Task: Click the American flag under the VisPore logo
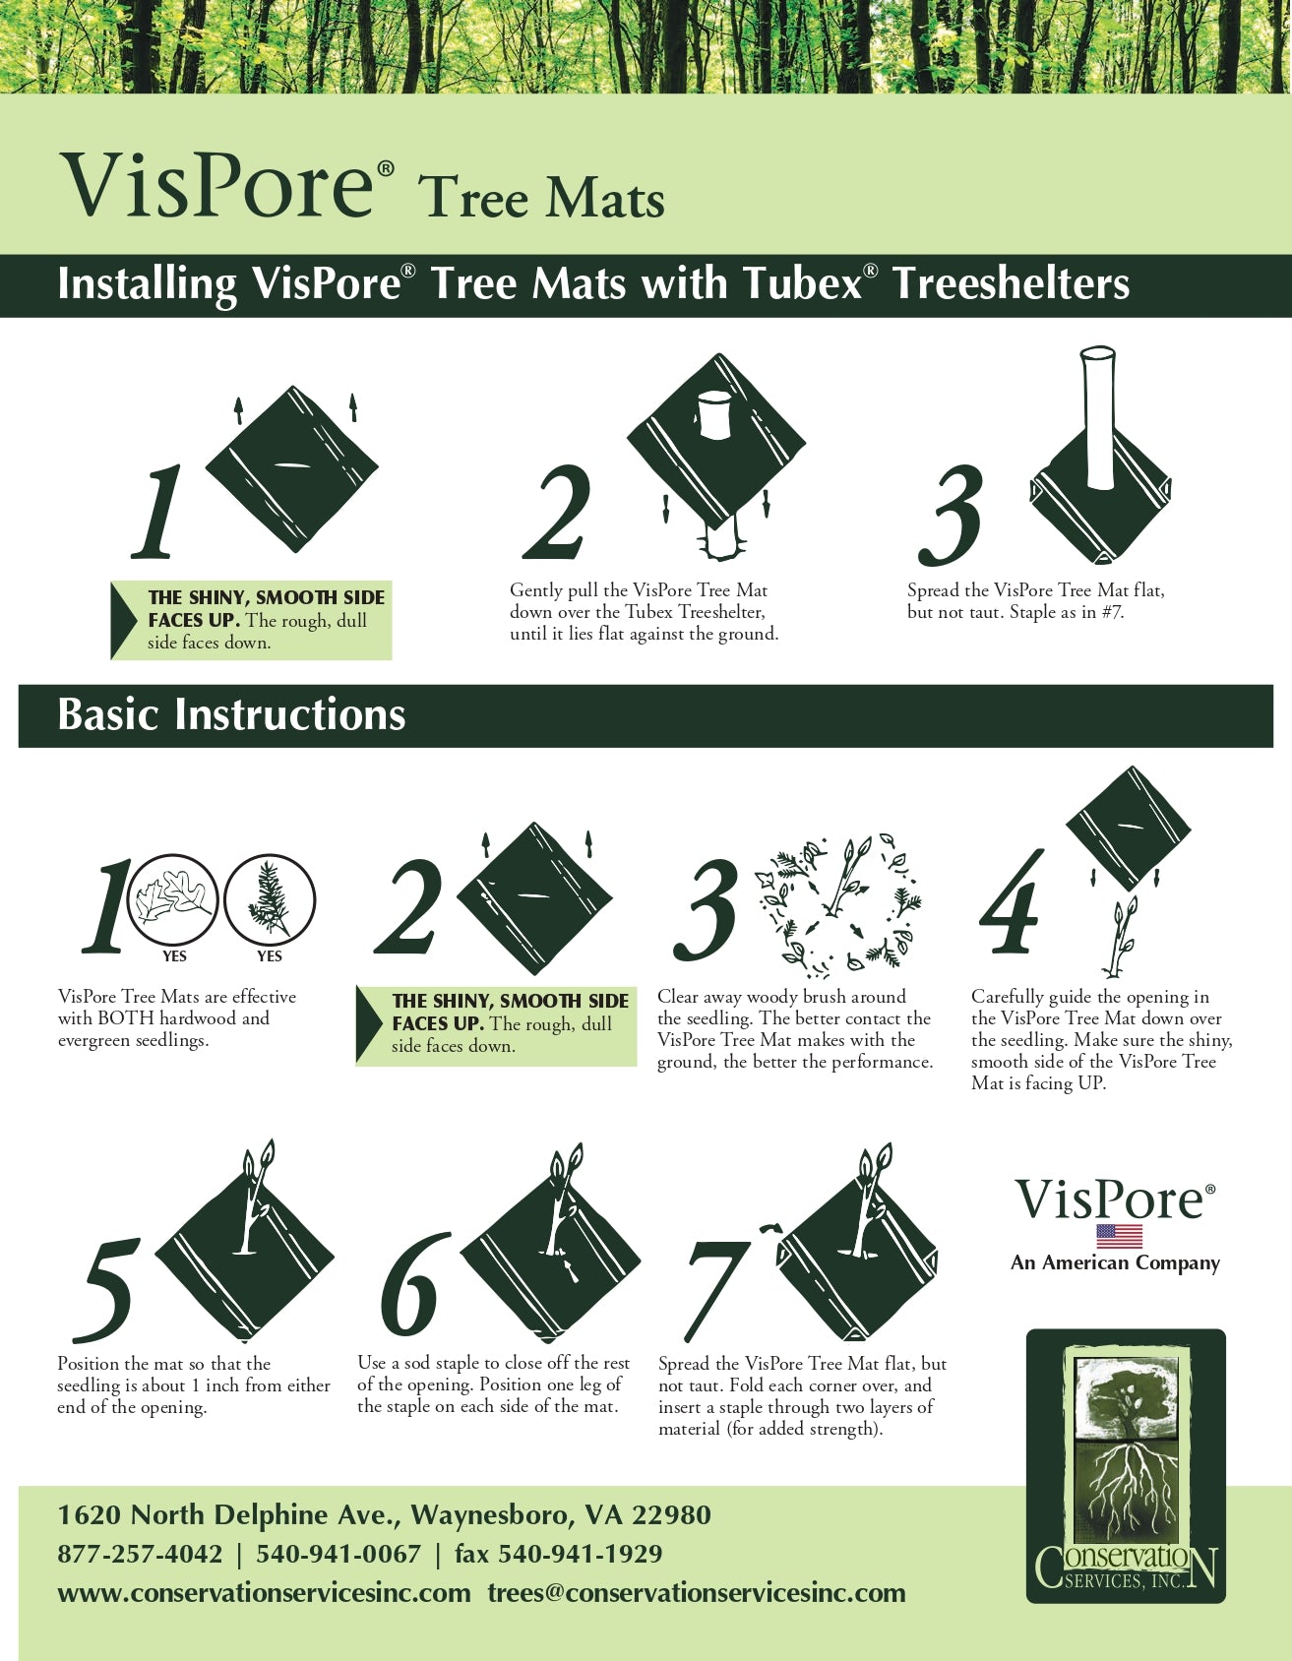pyautogui.click(x=1120, y=1236)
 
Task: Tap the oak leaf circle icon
pyautogui.click(x=174, y=899)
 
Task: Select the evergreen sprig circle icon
pyautogui.click(x=269, y=899)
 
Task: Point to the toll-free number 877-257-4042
pyautogui.click(x=140, y=1554)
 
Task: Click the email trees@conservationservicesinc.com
pyautogui.click(x=697, y=1593)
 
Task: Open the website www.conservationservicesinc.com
pyautogui.click(x=264, y=1593)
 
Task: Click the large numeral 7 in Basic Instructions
pyautogui.click(x=718, y=1289)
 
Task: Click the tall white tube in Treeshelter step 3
pyautogui.click(x=1097, y=417)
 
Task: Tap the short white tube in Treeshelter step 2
pyautogui.click(x=714, y=414)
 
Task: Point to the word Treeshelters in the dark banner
pyautogui.click(x=1012, y=283)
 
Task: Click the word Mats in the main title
pyautogui.click(x=604, y=199)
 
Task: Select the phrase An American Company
pyautogui.click(x=1115, y=1262)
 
